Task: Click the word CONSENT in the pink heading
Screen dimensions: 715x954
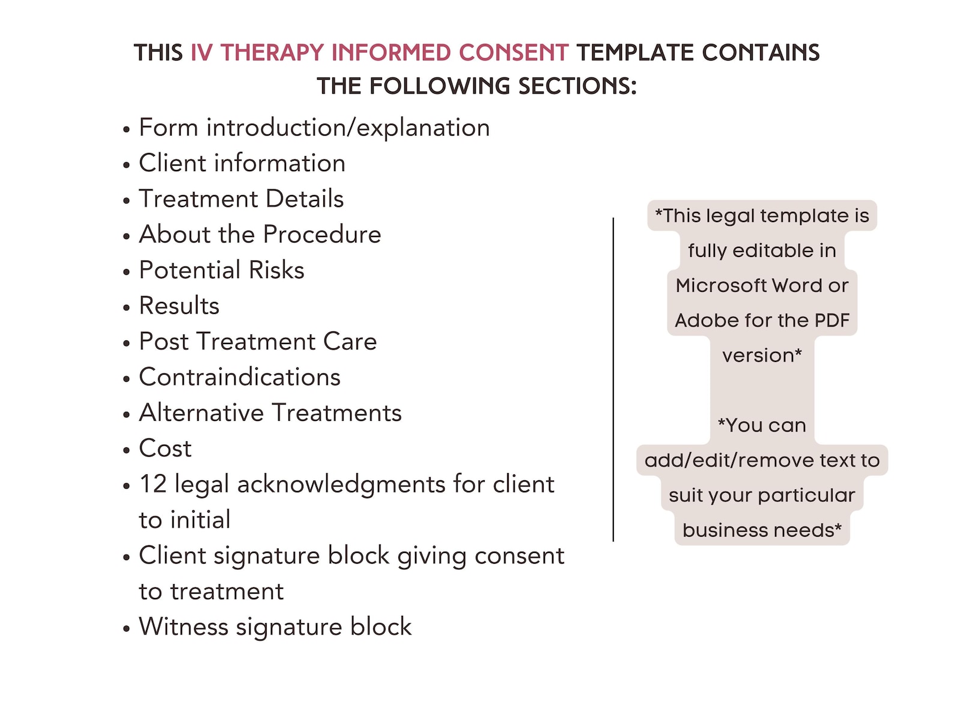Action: (513, 53)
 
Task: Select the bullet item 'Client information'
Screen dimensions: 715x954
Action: (242, 163)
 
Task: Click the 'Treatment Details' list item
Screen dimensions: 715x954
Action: (241, 199)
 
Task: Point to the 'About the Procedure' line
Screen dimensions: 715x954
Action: (260, 234)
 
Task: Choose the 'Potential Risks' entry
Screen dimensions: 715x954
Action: (221, 270)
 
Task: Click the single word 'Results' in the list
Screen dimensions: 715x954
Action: (179, 306)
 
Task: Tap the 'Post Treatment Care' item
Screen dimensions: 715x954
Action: (257, 342)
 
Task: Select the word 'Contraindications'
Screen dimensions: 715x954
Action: (239, 377)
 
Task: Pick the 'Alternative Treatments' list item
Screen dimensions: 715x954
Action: (270, 413)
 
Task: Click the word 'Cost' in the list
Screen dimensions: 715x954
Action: (165, 448)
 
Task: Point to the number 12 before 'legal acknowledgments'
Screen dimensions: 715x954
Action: (153, 484)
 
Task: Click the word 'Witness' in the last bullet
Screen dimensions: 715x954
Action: (183, 627)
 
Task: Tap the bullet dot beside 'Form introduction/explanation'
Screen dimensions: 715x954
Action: (126, 130)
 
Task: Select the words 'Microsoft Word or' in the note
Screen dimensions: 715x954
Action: (762, 285)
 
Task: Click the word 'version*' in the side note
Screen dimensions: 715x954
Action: (762, 355)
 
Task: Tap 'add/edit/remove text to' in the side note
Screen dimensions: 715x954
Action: (762, 460)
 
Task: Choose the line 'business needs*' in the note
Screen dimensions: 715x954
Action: (762, 530)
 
